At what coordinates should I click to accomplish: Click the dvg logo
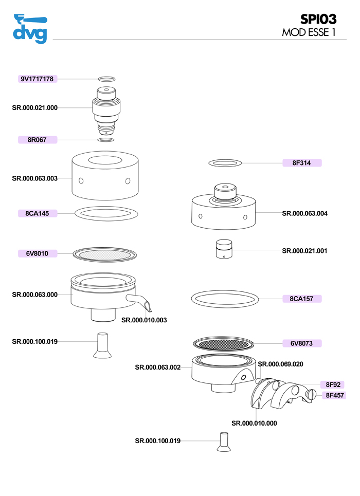coord(30,30)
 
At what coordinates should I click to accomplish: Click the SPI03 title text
coord(319,19)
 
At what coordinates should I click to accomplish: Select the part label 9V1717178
coord(38,79)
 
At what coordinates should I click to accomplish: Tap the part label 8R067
coord(38,139)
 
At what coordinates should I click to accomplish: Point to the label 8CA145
coord(38,213)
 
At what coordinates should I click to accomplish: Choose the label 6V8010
coord(38,253)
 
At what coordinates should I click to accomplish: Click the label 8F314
coord(302,163)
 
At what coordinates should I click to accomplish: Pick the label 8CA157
coord(302,298)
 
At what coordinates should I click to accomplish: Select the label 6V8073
coord(302,343)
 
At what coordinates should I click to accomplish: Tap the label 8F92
coord(331,384)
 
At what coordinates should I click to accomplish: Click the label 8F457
coord(333,395)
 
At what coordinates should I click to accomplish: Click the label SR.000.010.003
coord(144,320)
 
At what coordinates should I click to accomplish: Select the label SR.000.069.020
coord(280,364)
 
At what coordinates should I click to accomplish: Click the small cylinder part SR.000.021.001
coord(223,250)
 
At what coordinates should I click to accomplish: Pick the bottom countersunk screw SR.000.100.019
coord(223,442)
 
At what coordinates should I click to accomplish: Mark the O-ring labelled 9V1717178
coord(106,79)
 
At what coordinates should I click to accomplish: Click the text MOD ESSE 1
coord(309,32)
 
